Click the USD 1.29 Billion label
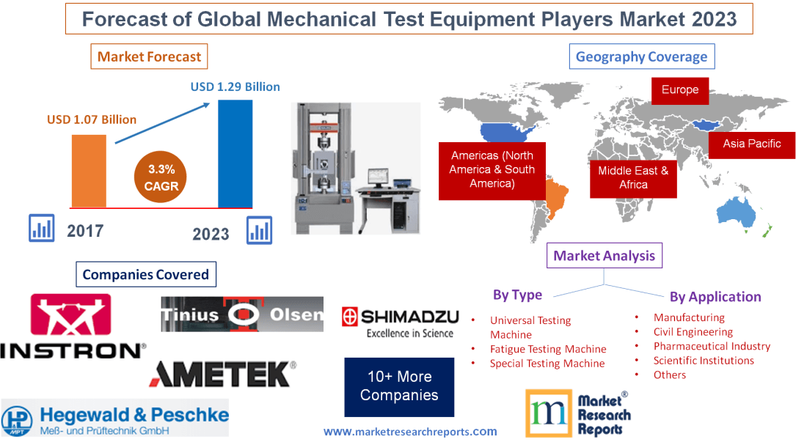click(235, 86)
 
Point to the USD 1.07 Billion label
click(92, 119)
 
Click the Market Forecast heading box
click(149, 56)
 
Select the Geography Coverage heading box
click(641, 56)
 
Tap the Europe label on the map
click(680, 90)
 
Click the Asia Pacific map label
click(751, 144)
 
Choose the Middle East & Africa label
click(633, 177)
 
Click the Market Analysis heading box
click(604, 256)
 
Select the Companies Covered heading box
click(145, 275)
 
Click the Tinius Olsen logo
click(242, 314)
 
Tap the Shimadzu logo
click(401, 323)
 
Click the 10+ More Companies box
click(399, 386)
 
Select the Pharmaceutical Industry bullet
click(712, 346)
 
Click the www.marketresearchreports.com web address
click(410, 432)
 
